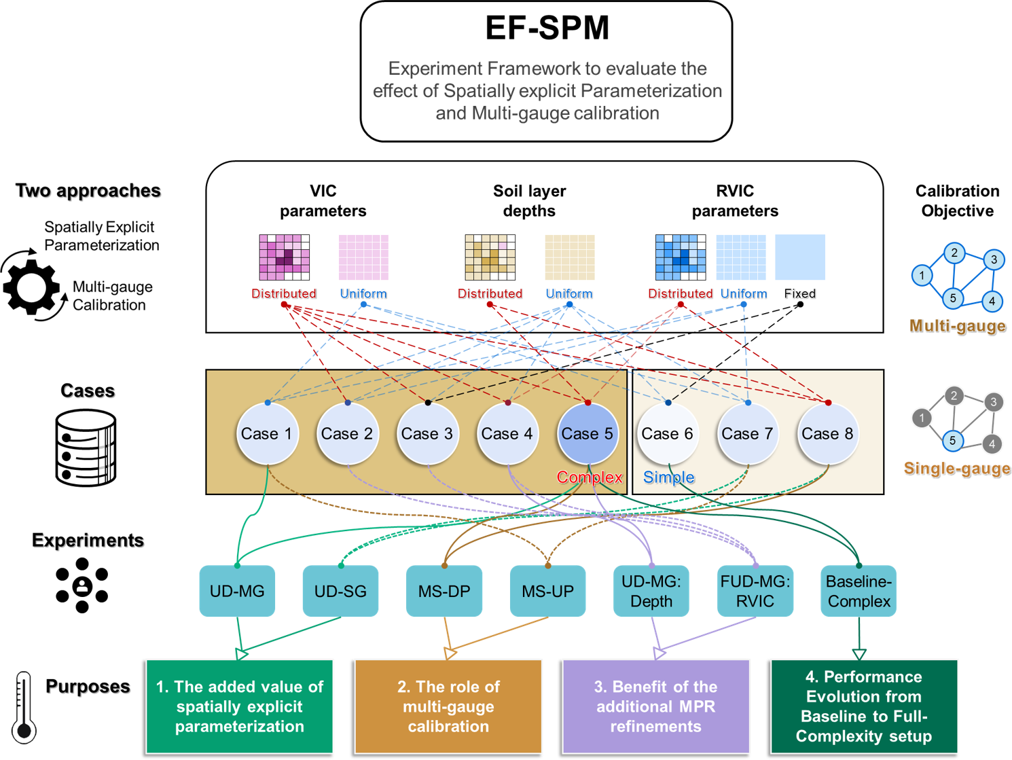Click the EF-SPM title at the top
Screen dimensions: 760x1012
click(x=547, y=29)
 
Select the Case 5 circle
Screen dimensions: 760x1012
click(x=588, y=434)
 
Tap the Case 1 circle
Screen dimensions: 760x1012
click(x=267, y=434)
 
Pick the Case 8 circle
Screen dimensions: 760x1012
click(x=827, y=434)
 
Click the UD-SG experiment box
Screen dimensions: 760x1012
click(x=340, y=591)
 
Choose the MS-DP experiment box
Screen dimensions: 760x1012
click(x=444, y=591)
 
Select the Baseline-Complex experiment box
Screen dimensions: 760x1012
click(x=859, y=591)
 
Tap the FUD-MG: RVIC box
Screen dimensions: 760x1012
click(x=755, y=591)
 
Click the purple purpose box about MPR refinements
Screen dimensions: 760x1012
click(x=655, y=706)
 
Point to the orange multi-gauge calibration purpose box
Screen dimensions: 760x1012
click(x=448, y=706)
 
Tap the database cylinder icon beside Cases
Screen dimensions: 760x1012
click(x=86, y=448)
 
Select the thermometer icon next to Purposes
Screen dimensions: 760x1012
click(x=24, y=707)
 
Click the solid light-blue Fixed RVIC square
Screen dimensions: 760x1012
click(x=800, y=257)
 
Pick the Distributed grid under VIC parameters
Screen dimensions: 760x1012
click(x=284, y=257)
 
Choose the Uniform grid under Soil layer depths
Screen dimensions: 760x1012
click(x=570, y=257)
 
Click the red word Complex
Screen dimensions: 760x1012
click(x=590, y=477)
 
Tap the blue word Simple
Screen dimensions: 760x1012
click(x=668, y=477)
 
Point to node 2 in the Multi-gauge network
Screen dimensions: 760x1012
click(x=954, y=253)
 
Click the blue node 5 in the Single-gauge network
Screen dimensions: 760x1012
click(x=952, y=441)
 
